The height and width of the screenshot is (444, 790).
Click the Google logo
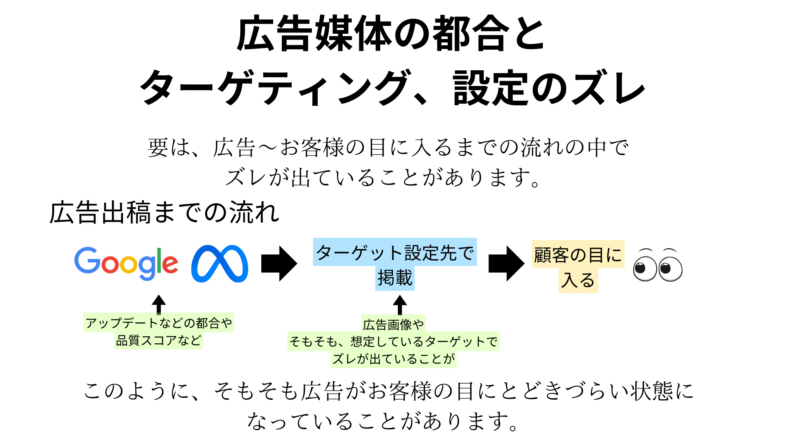point(126,263)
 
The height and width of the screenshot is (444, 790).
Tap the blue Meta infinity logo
point(220,264)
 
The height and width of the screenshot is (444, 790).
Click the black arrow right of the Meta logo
point(279,264)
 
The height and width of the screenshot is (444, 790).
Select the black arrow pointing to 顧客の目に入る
point(506,264)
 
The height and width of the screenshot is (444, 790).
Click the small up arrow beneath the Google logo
point(159,304)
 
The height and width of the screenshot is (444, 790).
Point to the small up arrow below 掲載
point(400,305)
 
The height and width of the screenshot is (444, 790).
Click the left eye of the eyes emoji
point(644,269)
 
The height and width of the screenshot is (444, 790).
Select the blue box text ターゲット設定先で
point(395,252)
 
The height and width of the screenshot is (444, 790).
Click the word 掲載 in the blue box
point(395,278)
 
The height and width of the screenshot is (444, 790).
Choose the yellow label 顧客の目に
point(578,255)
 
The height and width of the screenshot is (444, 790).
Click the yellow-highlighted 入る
point(578,280)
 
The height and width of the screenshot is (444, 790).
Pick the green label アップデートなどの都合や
point(159,323)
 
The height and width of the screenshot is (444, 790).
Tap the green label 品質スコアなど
point(159,340)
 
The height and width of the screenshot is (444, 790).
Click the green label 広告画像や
point(393,324)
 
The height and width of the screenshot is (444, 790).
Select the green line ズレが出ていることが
point(393,359)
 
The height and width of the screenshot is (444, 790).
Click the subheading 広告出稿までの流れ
point(165,213)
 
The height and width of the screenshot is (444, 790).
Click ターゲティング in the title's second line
point(276,88)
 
